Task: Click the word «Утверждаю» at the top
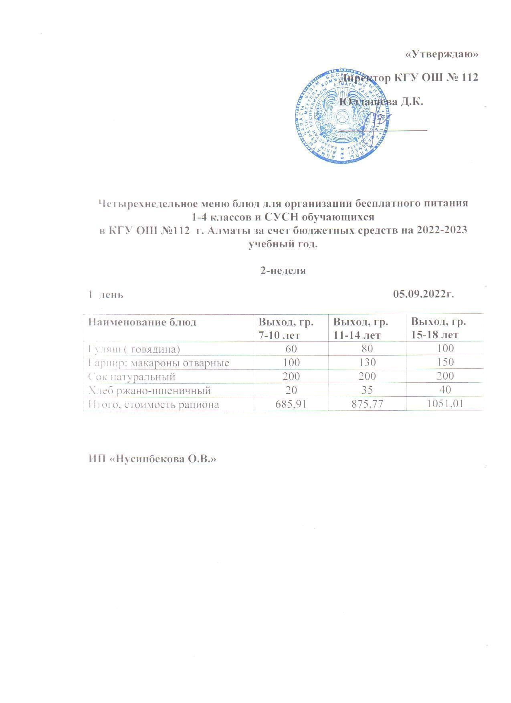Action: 442,55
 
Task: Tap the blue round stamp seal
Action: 343,117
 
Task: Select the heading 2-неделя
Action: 283,271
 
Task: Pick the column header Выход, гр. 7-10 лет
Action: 286,328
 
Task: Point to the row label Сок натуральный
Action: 132,377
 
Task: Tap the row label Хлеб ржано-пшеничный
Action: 149,390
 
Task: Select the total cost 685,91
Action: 291,404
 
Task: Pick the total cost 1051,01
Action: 445,404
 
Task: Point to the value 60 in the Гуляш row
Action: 291,349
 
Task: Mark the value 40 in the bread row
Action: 445,390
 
